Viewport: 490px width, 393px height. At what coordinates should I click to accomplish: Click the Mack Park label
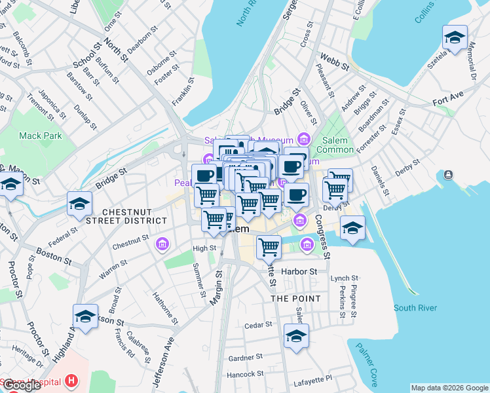pos(40,136)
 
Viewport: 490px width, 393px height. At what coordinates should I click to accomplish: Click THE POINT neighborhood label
pos(296,299)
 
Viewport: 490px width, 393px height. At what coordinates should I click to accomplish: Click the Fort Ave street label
pos(448,103)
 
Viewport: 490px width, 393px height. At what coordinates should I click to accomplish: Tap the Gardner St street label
pos(246,358)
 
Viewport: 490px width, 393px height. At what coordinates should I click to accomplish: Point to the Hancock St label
pos(245,374)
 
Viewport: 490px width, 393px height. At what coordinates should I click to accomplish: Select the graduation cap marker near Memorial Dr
pos(454,37)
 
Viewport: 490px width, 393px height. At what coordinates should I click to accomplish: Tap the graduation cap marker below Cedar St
pos(296,337)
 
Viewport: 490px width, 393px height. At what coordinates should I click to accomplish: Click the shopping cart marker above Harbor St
pos(269,248)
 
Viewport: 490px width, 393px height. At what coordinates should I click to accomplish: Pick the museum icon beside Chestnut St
pos(162,245)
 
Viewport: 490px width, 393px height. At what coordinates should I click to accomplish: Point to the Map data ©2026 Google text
pos(449,388)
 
